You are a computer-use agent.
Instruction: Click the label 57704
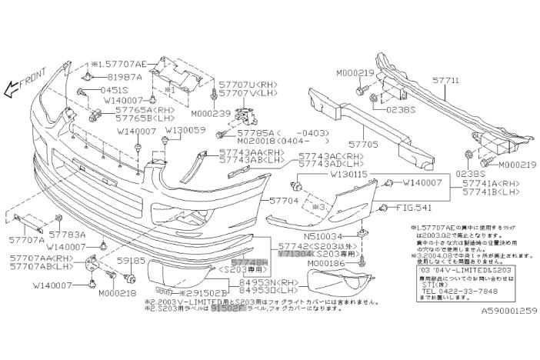[x=285, y=198]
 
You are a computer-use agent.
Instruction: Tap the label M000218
[x=118, y=293]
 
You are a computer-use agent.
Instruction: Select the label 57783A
[x=67, y=233]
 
